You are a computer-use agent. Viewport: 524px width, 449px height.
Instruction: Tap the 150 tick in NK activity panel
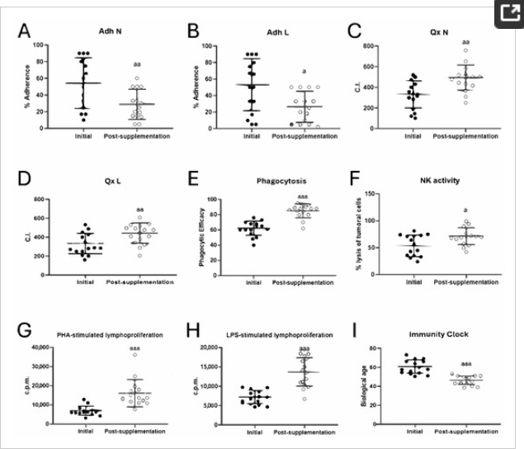click(386, 194)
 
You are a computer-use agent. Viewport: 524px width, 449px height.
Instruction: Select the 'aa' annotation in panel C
click(466, 42)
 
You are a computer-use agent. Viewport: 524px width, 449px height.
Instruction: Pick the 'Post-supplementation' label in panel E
click(303, 281)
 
